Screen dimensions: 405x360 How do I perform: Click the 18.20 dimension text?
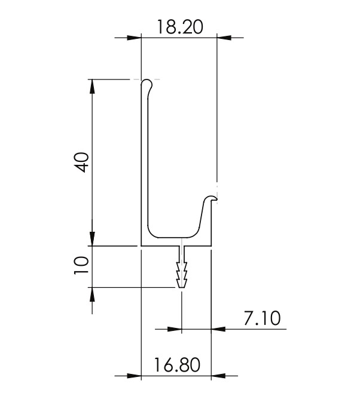coord(179,26)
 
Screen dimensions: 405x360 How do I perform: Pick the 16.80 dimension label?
coord(176,365)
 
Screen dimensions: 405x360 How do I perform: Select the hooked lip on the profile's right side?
coord(210,199)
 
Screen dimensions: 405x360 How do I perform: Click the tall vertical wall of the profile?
coord(144,161)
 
